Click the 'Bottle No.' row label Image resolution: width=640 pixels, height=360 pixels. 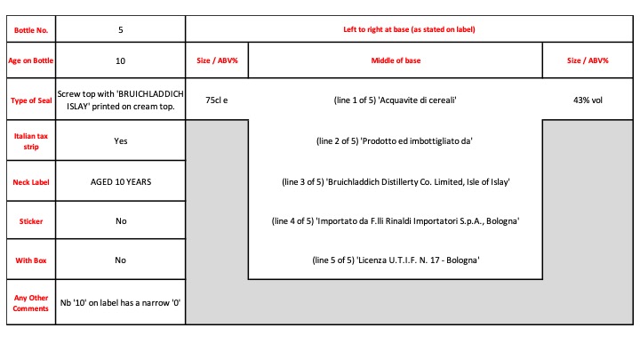(x=31, y=30)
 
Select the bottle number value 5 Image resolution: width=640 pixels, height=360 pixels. (x=120, y=30)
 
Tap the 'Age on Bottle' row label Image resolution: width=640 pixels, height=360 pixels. (x=31, y=60)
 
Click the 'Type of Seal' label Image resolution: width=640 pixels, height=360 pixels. (x=31, y=100)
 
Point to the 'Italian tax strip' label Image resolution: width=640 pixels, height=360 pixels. (x=31, y=141)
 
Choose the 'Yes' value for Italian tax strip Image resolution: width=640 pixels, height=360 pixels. (x=120, y=140)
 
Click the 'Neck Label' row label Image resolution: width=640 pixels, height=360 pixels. (x=31, y=182)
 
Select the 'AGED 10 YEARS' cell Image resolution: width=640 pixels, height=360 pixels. (x=121, y=181)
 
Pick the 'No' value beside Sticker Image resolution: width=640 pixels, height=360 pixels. (x=121, y=220)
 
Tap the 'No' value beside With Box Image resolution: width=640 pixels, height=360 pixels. (x=120, y=260)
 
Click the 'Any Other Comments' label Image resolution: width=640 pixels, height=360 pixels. (x=31, y=303)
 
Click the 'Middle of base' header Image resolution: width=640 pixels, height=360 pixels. (x=396, y=60)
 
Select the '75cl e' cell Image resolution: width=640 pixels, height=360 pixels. (x=217, y=100)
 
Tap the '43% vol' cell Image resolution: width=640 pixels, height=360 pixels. (x=588, y=100)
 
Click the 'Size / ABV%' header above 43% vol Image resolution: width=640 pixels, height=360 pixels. (x=588, y=60)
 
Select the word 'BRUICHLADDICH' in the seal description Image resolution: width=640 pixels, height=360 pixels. (x=150, y=94)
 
